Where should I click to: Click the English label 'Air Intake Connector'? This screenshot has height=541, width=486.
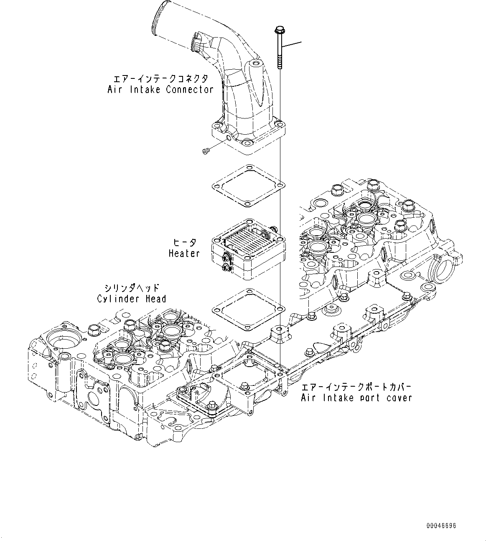160,89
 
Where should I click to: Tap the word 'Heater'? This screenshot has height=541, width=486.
184,253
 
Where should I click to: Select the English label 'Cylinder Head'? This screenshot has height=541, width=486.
132,299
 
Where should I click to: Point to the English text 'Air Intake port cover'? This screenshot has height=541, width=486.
356,398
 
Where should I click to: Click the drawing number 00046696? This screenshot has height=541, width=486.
441,526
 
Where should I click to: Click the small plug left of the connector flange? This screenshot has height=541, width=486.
205,151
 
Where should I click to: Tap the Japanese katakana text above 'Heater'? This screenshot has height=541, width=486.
184,242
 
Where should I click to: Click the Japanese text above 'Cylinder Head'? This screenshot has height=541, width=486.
132,288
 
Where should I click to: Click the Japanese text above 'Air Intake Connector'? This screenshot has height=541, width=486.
160,78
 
